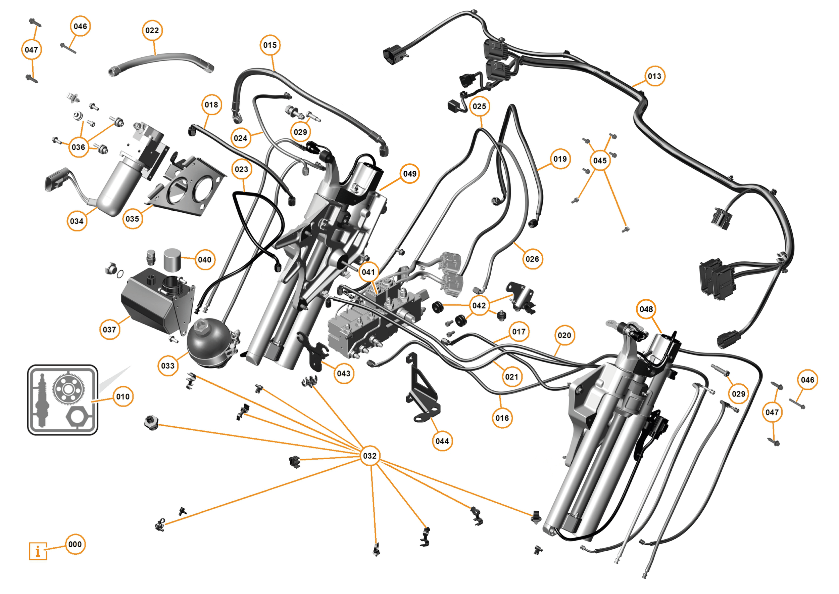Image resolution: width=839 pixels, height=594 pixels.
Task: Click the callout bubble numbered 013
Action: coord(654,76)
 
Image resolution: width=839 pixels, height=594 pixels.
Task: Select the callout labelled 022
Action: coord(152,30)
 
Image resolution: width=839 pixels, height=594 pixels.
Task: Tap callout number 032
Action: coord(369,456)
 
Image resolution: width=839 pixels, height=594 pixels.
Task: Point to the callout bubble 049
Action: coord(409,174)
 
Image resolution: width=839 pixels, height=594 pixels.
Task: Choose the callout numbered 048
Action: coord(646,309)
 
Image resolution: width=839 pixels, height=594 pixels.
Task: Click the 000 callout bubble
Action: coord(75,544)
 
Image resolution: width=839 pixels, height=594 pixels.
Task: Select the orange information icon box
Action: coord(38,551)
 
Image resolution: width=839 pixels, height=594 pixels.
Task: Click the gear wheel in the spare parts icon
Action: coord(68,389)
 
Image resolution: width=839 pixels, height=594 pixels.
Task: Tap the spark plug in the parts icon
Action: coord(41,400)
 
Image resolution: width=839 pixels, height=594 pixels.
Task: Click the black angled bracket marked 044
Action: coord(420,391)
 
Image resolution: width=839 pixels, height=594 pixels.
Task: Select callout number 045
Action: coord(600,161)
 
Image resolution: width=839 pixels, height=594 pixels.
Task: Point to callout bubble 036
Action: coord(78,147)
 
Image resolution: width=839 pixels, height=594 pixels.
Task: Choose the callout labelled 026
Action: coord(532,259)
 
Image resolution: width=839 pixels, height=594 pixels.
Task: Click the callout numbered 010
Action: coord(123,396)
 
